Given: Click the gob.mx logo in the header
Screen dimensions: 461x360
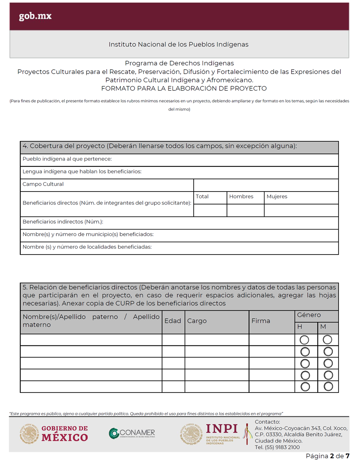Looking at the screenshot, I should coord(35,16).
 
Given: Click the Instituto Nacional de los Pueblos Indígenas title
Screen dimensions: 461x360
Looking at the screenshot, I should coord(178,45).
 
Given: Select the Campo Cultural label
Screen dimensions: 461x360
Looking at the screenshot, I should coord(43,184).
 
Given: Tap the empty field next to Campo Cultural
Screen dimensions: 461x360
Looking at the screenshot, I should coord(266,185).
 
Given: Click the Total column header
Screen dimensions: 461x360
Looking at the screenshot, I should coord(202,197).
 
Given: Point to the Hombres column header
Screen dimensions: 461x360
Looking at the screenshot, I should coord(241,197).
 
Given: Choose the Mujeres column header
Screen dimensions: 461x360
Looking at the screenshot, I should coord(277,197).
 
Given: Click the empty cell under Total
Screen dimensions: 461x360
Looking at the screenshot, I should coord(210,210).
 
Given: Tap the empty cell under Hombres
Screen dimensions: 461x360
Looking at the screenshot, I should coord(245,210).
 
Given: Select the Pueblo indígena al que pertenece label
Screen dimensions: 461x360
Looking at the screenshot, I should coord(67,159).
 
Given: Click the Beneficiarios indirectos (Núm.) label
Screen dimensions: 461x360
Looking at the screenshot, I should coord(63,222).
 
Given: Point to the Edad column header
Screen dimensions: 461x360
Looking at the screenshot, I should coord(173,321).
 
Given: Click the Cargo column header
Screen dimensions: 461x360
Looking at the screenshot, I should coord(197,321).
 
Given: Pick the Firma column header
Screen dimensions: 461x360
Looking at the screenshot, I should coord(261,321).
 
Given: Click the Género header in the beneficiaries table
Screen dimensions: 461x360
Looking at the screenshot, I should coord(309,315).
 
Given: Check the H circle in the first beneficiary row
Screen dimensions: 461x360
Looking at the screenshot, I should coord(304,340).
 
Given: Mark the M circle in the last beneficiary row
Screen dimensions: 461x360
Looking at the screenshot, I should coord(328,387).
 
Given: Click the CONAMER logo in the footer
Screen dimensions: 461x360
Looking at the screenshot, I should coord(132,434).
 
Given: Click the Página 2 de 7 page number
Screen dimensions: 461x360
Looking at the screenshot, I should coord(327,456).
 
